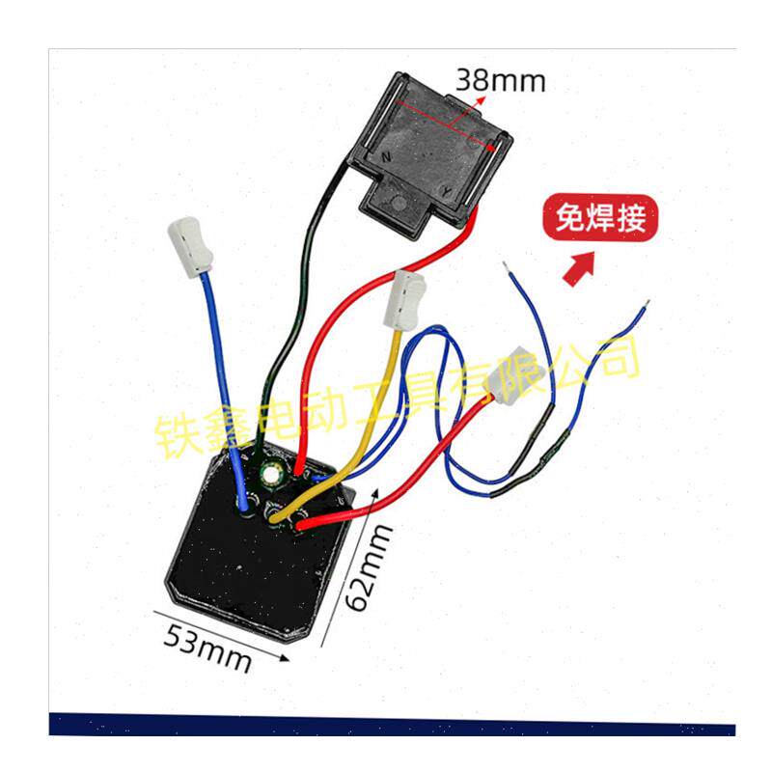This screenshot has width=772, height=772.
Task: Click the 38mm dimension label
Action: click(x=500, y=80)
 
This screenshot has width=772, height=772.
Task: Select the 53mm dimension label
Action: click(x=207, y=648)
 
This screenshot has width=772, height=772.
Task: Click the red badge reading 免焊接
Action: click(x=600, y=218)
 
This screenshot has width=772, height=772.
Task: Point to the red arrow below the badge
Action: click(x=578, y=268)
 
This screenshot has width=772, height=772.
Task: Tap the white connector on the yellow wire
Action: click(x=404, y=299)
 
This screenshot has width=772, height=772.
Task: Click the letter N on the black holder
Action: click(x=387, y=157)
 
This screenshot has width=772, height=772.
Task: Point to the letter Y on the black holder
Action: click(x=446, y=191)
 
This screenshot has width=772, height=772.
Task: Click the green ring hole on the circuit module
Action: click(x=270, y=475)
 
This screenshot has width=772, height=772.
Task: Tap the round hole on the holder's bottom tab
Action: click(x=399, y=204)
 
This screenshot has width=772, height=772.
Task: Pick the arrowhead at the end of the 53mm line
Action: click(x=284, y=658)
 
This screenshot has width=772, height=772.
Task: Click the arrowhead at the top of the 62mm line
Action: click(x=375, y=494)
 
